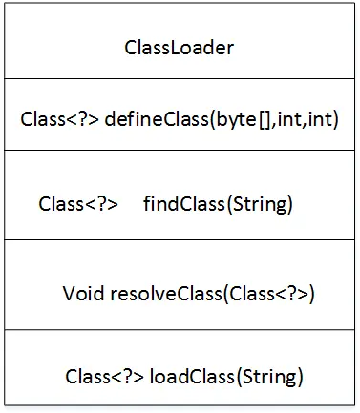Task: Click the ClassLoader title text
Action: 180,47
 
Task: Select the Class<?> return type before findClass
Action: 78,204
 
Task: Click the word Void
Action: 83,292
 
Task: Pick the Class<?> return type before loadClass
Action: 105,375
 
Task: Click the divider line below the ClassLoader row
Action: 180,80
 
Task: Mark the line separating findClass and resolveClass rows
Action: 180,240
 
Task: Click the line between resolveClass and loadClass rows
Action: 180,330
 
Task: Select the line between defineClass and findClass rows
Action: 180,151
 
